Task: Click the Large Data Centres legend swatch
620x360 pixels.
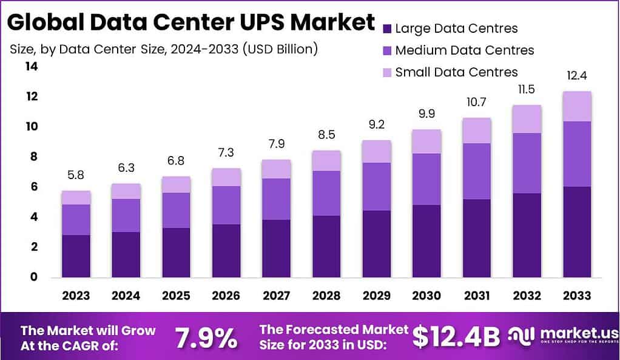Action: (387, 29)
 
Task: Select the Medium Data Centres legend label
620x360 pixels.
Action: (464, 50)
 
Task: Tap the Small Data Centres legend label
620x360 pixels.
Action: (456, 72)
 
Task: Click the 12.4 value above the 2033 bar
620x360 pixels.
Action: (576, 76)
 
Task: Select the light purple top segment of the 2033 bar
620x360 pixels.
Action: (576, 106)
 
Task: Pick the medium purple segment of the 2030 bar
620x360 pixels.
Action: (426, 179)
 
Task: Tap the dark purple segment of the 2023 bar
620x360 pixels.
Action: (76, 256)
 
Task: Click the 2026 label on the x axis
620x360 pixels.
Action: (226, 296)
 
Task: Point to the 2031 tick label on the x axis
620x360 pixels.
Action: (476, 296)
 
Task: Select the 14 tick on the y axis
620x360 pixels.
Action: (31, 67)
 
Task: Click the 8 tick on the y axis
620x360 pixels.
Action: (34, 157)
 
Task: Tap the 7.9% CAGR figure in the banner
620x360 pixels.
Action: (206, 338)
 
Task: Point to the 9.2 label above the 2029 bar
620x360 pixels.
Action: (376, 126)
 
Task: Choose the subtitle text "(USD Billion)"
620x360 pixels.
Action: (280, 49)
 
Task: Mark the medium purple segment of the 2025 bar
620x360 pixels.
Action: (176, 210)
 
